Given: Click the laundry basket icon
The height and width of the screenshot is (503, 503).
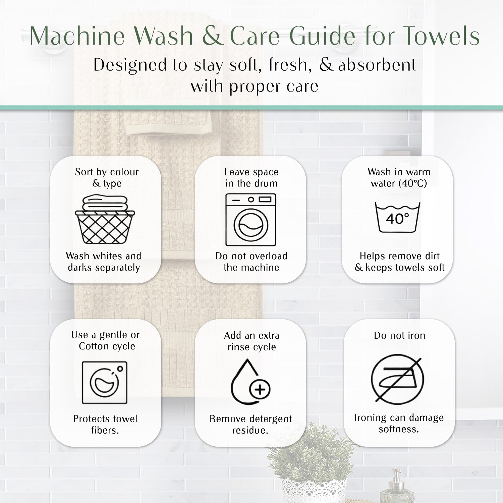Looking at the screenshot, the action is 105,220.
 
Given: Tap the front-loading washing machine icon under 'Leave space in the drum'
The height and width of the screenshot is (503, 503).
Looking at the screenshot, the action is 251,220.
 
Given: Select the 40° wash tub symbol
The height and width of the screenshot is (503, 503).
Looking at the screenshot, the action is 397,217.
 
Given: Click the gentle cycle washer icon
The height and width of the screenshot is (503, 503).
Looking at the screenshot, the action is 105,382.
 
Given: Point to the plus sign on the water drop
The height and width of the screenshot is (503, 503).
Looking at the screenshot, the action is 260,389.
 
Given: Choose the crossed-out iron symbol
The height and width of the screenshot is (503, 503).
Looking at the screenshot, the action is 398,379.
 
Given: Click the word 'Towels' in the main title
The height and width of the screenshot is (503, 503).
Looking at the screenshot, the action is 441,36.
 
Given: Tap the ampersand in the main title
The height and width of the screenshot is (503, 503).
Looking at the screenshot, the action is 213,36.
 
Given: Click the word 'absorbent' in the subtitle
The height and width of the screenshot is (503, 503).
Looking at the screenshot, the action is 377,65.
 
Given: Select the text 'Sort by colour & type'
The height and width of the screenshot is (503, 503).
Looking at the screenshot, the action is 107,178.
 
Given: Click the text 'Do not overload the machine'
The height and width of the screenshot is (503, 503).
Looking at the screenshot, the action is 251,262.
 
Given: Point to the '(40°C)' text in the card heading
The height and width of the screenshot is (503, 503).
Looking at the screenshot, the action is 412,183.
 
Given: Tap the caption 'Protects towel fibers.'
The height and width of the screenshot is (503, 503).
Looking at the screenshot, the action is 105,424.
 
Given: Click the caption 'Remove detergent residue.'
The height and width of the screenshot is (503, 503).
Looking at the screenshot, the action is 250,424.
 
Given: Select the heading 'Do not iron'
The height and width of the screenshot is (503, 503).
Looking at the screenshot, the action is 399,335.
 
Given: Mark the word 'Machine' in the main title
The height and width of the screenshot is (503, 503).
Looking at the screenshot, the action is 77,36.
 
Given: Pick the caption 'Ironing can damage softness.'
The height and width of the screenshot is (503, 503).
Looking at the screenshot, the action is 399,423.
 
